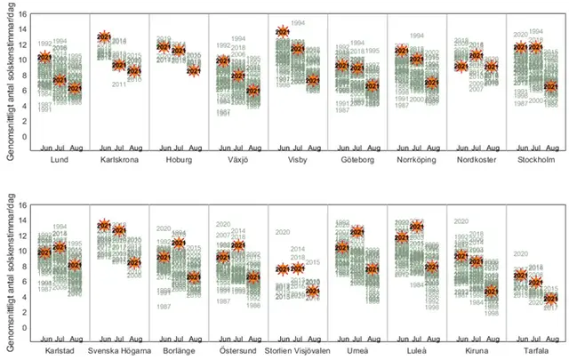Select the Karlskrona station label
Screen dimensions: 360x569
click(x=118, y=161)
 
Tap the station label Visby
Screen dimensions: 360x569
click(x=298, y=161)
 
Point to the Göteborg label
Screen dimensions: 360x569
click(x=357, y=161)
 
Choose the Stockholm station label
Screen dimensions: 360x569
click(x=536, y=161)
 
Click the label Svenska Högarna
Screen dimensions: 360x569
click(x=118, y=350)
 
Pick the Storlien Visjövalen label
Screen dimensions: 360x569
click(x=298, y=350)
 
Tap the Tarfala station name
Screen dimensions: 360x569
click(x=536, y=350)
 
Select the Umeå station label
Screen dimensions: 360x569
click(x=357, y=350)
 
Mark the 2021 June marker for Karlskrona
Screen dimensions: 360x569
click(x=104, y=37)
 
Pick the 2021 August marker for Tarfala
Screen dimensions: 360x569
click(x=551, y=299)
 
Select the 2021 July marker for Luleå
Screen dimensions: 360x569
click(x=417, y=227)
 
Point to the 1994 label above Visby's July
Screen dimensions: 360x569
click(x=298, y=22)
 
